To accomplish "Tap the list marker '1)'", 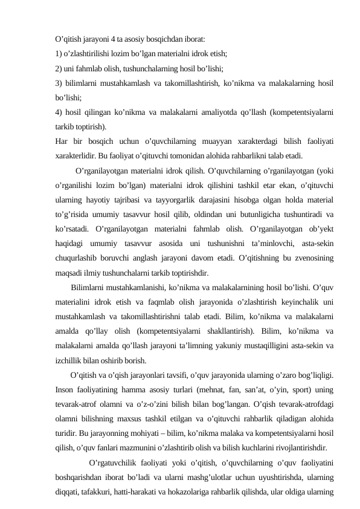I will (x=58, y=53).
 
